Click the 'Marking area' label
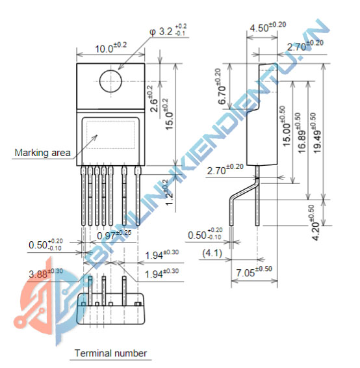42,153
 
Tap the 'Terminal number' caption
110,354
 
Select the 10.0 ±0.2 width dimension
111,48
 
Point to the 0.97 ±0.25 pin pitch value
114,233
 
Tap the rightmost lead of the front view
138,195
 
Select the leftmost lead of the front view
84,195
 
